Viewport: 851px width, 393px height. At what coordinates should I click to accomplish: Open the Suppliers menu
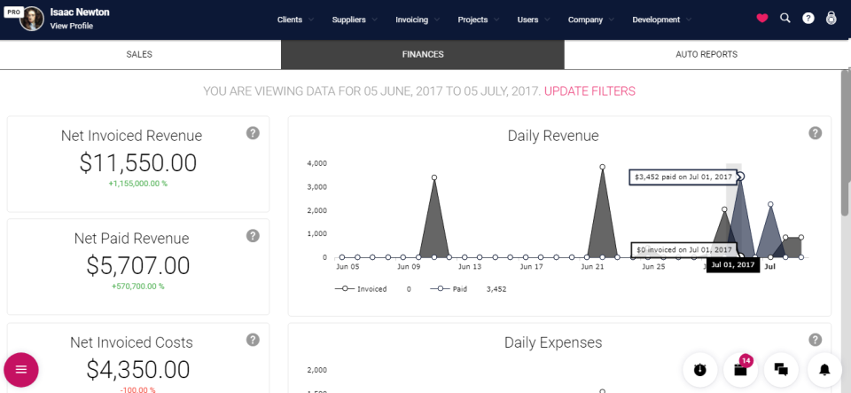[x=349, y=20]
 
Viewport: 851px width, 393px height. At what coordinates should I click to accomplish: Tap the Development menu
[x=656, y=20]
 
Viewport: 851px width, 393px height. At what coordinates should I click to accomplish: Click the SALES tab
[x=139, y=54]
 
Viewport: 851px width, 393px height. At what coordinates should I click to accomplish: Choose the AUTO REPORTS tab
[x=706, y=54]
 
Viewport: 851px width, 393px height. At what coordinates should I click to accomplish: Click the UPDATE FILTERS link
[x=589, y=91]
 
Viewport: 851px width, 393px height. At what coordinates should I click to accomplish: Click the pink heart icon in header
[x=762, y=19]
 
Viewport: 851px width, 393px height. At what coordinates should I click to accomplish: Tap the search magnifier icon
[x=785, y=19]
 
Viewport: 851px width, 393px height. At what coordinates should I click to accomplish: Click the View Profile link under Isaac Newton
[x=71, y=26]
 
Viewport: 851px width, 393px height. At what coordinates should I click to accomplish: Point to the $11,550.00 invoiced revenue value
[x=137, y=163]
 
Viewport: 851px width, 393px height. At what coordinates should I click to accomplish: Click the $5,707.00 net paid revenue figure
[x=137, y=266]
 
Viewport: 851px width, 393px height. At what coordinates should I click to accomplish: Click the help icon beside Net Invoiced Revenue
[x=253, y=133]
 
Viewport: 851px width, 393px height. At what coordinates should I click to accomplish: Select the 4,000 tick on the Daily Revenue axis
[x=316, y=163]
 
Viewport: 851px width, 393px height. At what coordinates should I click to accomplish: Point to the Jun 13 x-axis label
[x=470, y=266]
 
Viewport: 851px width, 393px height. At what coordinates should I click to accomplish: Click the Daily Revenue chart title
[x=553, y=136]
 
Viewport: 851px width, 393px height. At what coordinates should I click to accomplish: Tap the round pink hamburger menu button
[x=21, y=369]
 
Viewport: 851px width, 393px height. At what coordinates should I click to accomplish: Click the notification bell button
[x=824, y=369]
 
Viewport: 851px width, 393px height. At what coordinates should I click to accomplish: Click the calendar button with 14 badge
[x=740, y=369]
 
